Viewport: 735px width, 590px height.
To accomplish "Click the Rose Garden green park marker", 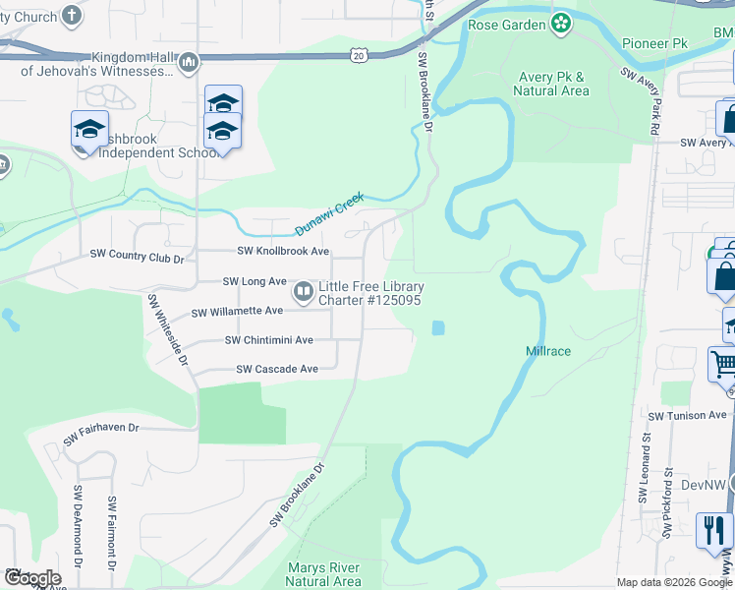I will pos(561,24).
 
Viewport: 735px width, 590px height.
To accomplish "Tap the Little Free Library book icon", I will pos(304,292).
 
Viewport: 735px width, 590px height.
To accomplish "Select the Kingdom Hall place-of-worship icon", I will pos(189,64).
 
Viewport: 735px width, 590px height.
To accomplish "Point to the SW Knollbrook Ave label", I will pos(279,252).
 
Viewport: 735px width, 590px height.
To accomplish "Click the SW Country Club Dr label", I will pos(137,258).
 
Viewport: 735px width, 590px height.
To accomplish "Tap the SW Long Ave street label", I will pos(254,281).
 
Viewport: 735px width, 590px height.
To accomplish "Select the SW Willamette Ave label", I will pos(237,312).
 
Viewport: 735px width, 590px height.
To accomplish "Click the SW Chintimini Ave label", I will pos(268,340).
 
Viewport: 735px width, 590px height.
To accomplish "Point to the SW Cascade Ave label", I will pos(277,369).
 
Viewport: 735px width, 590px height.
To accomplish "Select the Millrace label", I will pos(548,351).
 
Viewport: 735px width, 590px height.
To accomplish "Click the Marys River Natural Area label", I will pos(324,574).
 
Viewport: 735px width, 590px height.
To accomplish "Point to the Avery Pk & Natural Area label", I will pos(551,84).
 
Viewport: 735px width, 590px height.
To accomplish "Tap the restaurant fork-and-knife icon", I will pos(713,529).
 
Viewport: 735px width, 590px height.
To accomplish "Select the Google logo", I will pos(31,578).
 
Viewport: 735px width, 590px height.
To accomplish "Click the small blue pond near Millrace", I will pos(437,327).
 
